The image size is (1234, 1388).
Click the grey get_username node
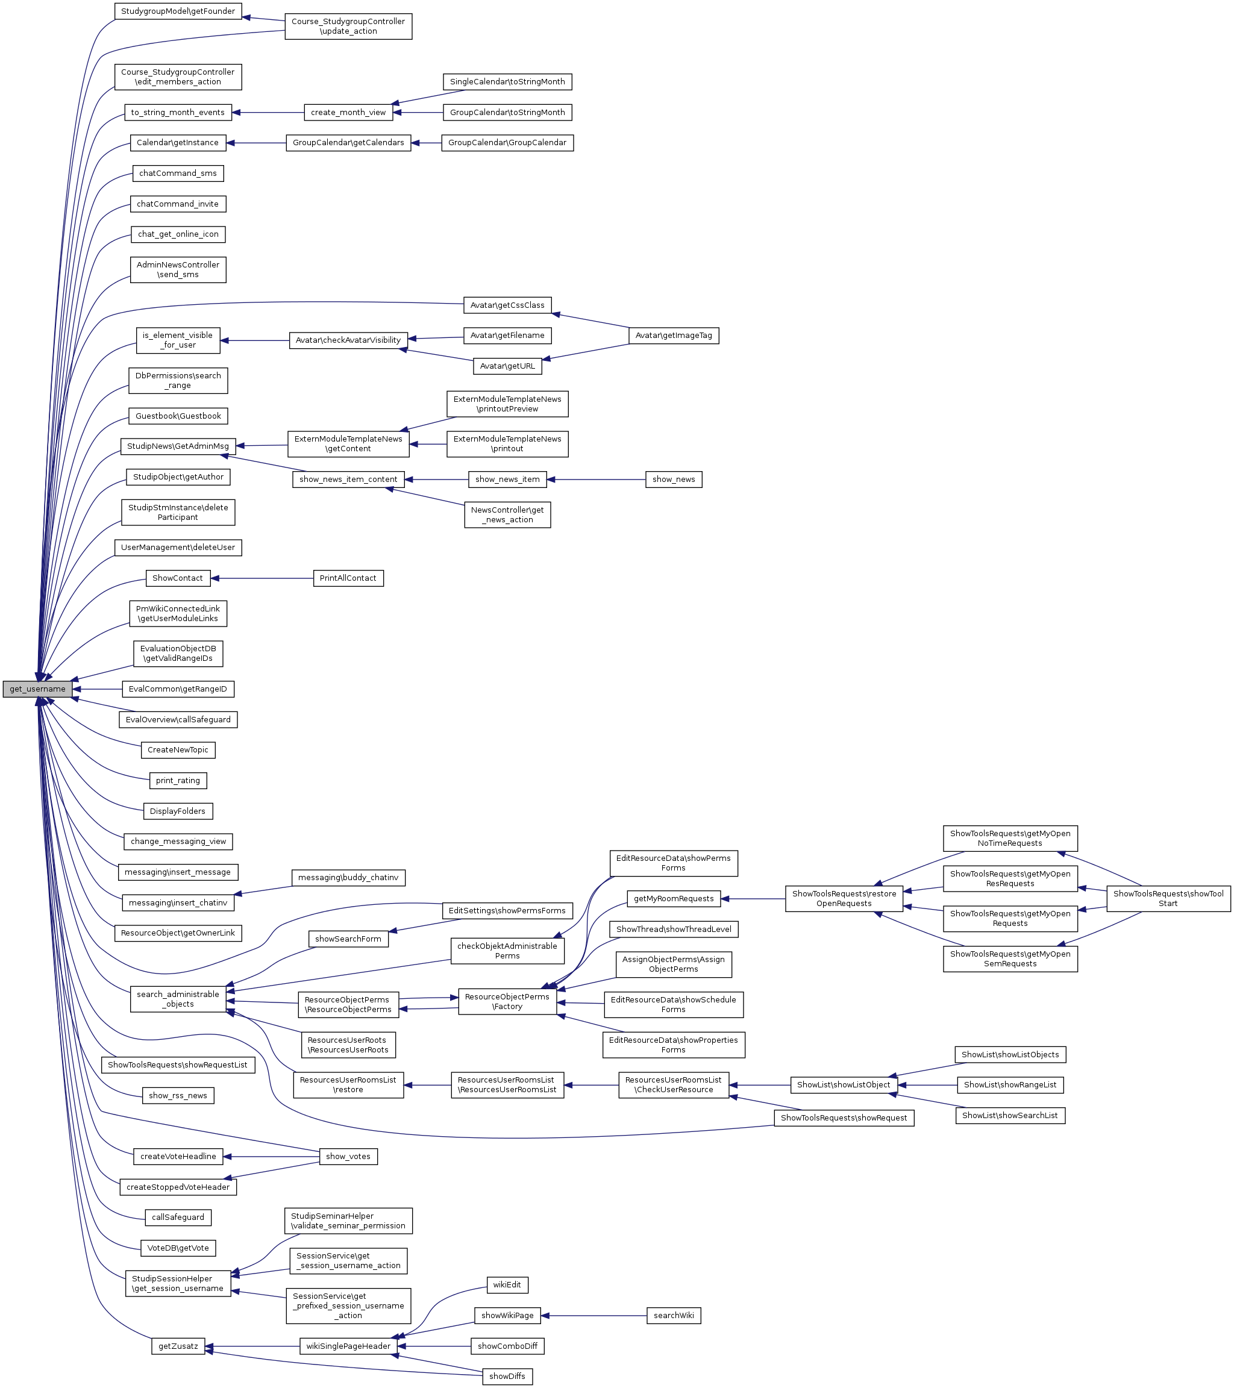37,689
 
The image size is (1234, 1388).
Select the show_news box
673,480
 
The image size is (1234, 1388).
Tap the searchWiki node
673,1315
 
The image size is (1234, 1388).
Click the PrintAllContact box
348,578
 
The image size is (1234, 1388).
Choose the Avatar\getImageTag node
673,336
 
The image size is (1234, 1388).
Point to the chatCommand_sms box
178,173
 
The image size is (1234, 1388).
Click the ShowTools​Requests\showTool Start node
1168,898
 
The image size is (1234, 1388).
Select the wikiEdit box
507,1285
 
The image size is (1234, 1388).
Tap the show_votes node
348,1157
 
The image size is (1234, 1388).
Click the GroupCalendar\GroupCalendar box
507,143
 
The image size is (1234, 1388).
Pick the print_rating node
178,780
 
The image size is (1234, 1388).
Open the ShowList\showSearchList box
1010,1115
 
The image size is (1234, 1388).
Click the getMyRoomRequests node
673,898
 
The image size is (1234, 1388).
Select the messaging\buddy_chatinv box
348,877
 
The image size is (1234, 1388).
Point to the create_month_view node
348,112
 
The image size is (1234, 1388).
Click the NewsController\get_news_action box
507,514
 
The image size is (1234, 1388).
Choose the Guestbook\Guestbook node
178,416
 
